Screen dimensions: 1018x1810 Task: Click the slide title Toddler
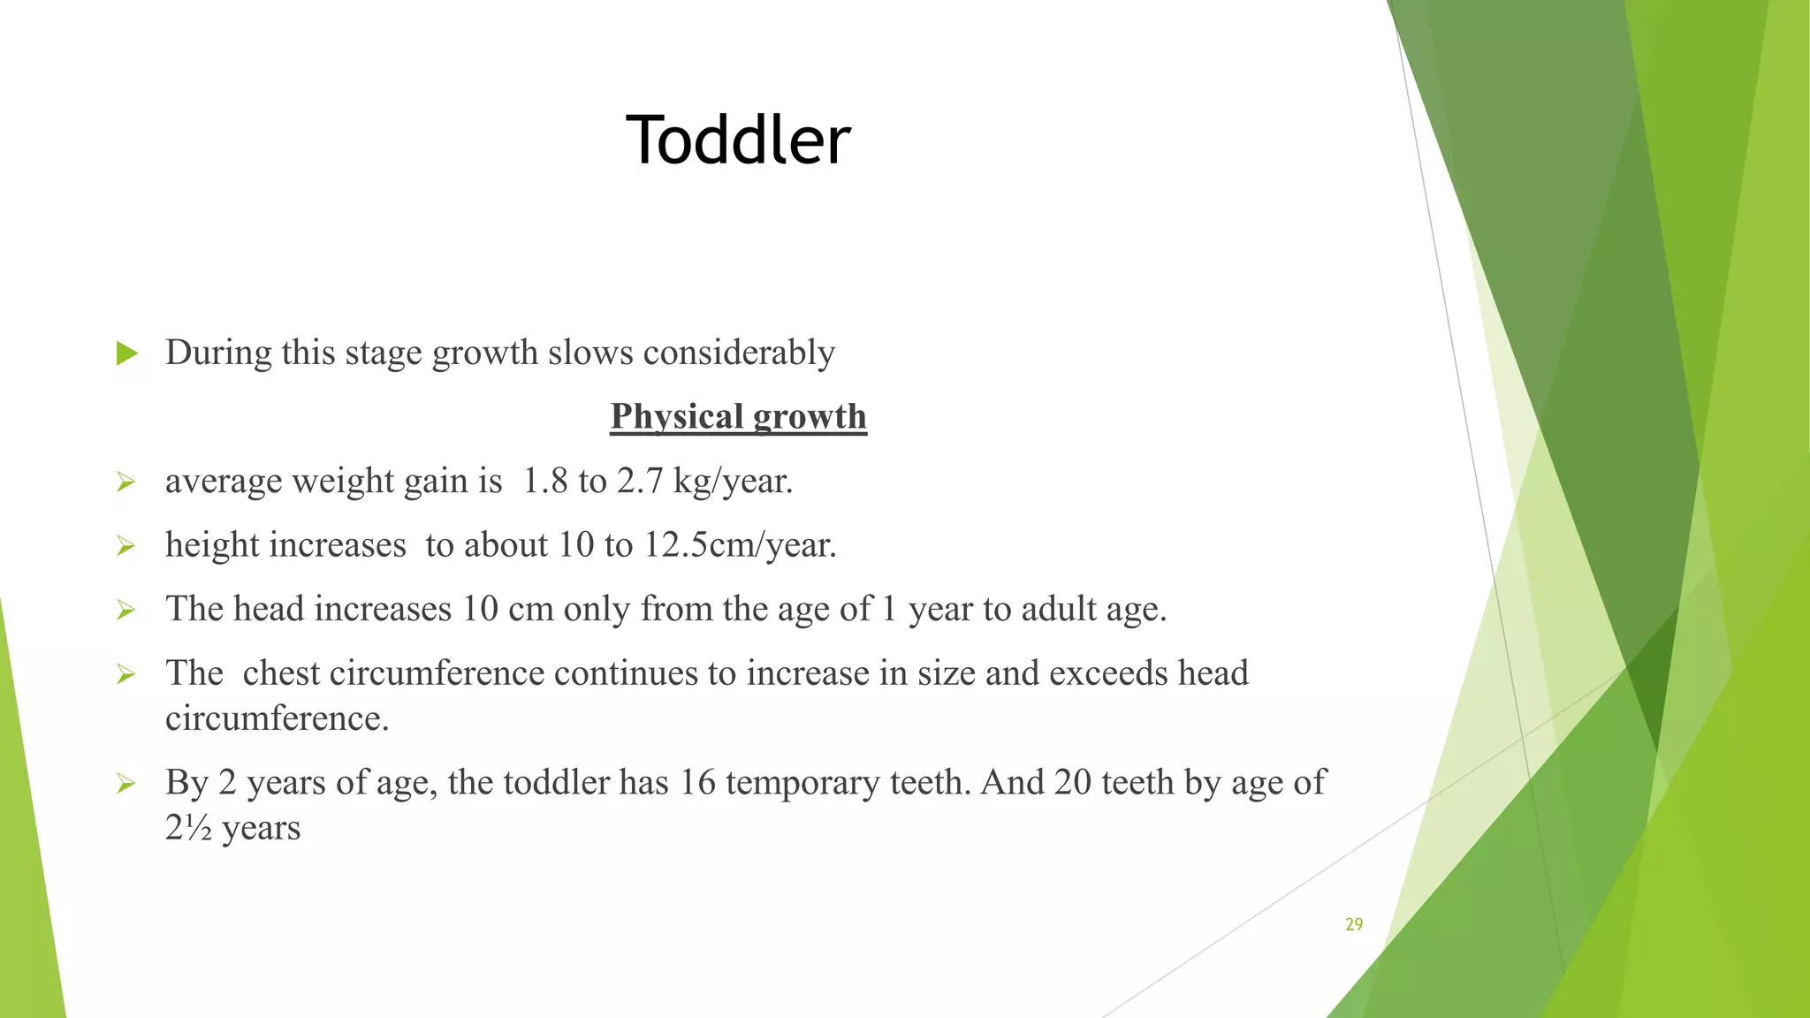738,141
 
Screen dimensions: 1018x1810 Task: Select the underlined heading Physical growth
738,416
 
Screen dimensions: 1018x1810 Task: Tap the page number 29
1354,924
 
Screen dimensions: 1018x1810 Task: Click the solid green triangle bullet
127,353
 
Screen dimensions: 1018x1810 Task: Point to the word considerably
739,353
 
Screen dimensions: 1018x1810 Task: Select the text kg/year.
733,482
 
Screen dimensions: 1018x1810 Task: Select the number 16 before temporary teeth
696,782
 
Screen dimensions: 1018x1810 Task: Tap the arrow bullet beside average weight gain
125,482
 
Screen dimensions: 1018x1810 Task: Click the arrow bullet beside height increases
125,547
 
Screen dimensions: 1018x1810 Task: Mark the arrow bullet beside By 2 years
125,784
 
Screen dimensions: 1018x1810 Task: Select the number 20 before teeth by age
1072,782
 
